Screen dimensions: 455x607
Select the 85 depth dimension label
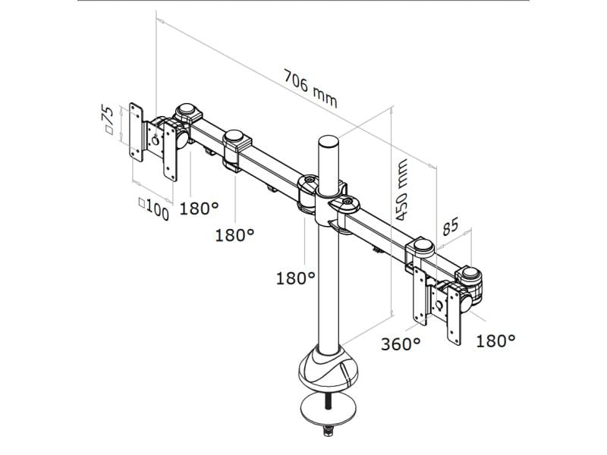click(x=451, y=225)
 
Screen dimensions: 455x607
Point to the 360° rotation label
click(x=400, y=344)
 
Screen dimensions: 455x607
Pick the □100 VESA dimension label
click(x=153, y=209)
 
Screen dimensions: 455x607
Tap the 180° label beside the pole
click(x=295, y=278)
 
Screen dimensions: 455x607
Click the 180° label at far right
click(x=495, y=340)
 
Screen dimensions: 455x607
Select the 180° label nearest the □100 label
click(x=199, y=207)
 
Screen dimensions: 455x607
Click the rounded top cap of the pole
click(x=328, y=142)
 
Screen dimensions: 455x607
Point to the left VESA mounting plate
click(x=137, y=132)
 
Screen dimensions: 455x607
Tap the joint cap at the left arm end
click(x=187, y=112)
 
